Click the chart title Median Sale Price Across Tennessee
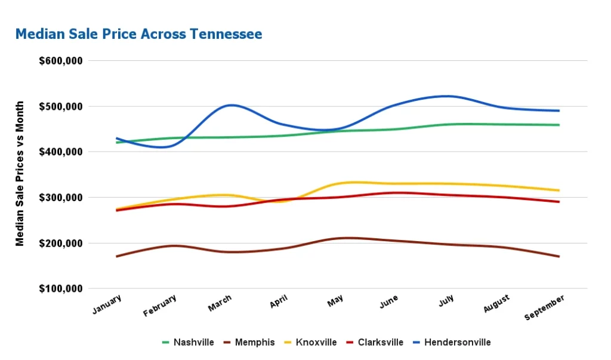pos(138,34)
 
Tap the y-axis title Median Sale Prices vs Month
pos(20,174)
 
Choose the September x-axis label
pos(544,307)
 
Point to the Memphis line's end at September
pos(559,257)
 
